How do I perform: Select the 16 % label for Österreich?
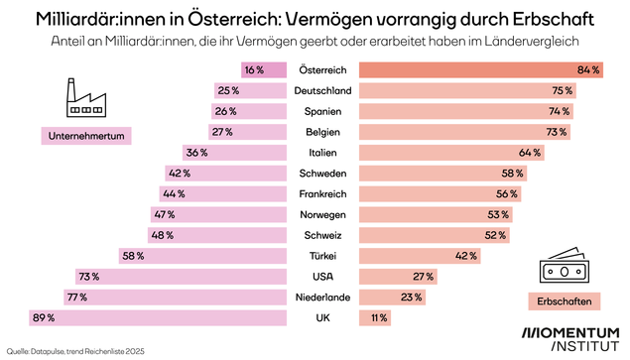pyautogui.click(x=253, y=69)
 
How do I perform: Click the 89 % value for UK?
pyautogui.click(x=43, y=317)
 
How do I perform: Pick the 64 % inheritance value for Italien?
pyautogui.click(x=529, y=153)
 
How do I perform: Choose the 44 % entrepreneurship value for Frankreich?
pyautogui.click(x=172, y=193)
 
